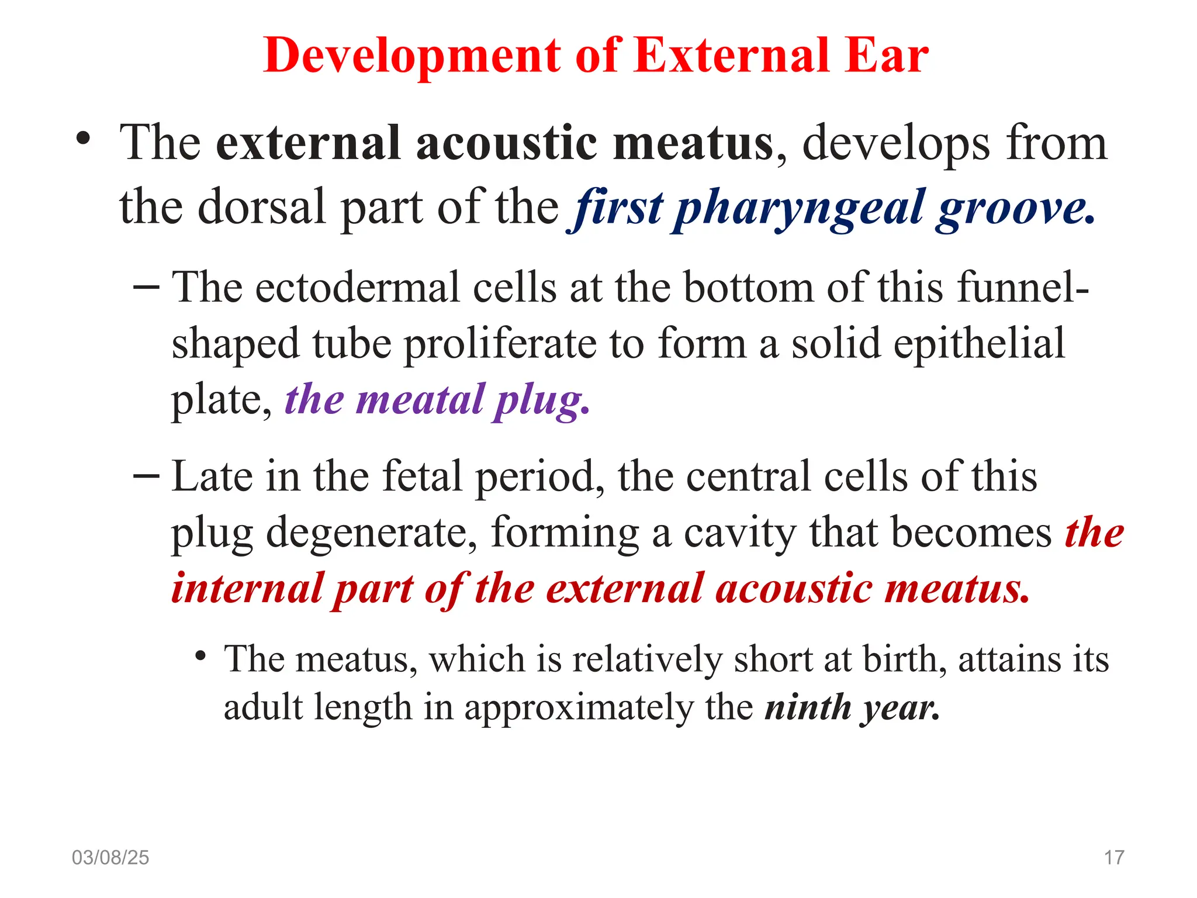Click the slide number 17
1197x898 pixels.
(1113, 857)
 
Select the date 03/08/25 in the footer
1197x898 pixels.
(110, 857)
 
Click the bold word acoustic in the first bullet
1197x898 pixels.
(507, 143)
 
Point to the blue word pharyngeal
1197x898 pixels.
(799, 209)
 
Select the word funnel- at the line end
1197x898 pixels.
(1023, 288)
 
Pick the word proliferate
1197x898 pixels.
(500, 344)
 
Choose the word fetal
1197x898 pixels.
(422, 476)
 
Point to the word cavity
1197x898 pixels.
(740, 533)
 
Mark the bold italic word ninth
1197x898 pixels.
(808, 707)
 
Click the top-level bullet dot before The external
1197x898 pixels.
(84, 139)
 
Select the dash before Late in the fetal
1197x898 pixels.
(146, 475)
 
